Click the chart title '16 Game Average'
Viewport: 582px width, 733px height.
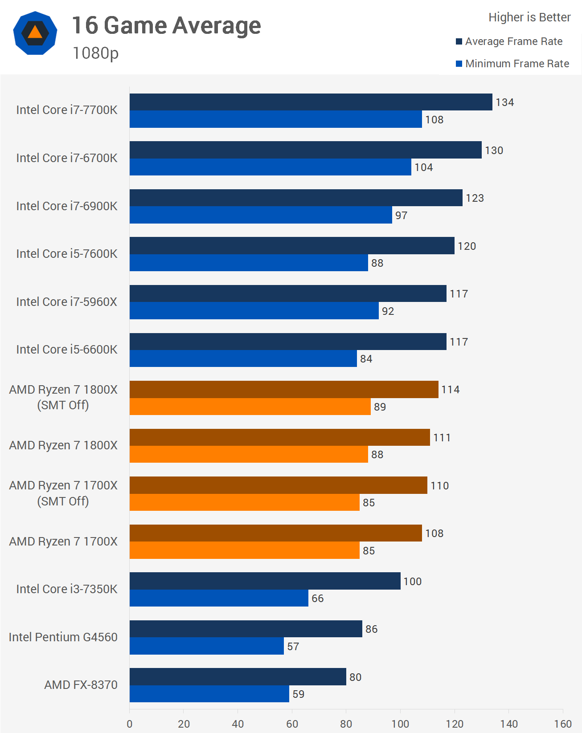point(166,26)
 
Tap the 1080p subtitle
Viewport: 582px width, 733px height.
point(95,53)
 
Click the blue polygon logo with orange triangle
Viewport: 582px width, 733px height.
point(35,33)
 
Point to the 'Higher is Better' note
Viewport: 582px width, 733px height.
point(529,17)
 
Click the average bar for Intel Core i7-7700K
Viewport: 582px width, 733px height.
point(311,102)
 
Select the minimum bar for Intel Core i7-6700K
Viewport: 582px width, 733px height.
point(270,167)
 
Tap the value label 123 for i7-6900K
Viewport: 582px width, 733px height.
point(475,198)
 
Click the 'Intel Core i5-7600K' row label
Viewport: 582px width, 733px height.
point(67,254)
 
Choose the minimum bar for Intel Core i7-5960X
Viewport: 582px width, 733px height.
point(254,311)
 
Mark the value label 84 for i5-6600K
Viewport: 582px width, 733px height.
point(366,359)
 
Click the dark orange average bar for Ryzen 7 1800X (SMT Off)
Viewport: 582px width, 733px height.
point(284,390)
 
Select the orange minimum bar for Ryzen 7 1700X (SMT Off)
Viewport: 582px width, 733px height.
point(244,502)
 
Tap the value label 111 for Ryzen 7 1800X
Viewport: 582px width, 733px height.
point(442,438)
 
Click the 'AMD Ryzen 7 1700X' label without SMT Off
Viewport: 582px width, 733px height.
point(63,542)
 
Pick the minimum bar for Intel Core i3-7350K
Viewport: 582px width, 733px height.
point(219,598)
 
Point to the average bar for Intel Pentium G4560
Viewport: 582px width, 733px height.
point(246,629)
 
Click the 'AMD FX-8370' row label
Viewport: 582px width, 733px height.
point(81,685)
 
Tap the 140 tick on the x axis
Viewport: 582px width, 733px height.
point(508,724)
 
